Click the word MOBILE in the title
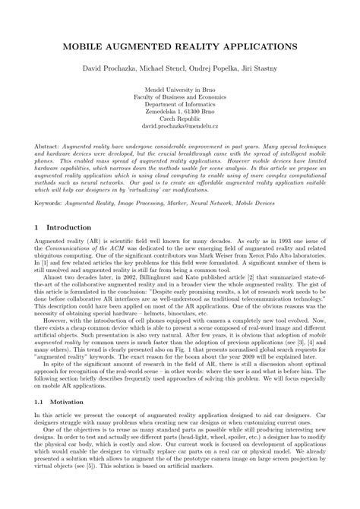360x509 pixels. pos(84,47)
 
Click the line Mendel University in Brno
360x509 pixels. pos(180,89)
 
